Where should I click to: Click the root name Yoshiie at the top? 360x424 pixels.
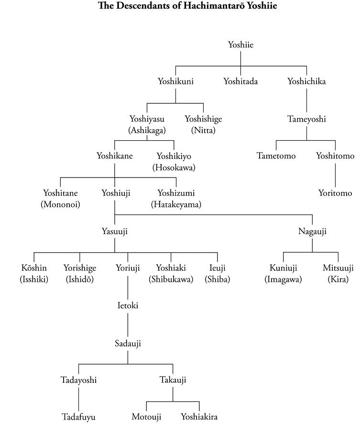pos(240,45)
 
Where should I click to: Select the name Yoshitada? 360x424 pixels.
pos(240,81)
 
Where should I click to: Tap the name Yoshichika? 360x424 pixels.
pos(306,81)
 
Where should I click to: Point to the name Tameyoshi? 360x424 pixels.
pos(306,119)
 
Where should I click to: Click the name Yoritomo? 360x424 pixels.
pos(335,193)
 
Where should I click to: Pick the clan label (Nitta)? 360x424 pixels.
pos(203,130)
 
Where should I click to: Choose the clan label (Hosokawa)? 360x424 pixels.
pos(174,167)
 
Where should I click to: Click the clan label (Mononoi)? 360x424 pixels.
pos(61,204)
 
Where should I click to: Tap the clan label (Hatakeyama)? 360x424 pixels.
pos(176,204)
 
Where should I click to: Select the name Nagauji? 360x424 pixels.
pos(313,232)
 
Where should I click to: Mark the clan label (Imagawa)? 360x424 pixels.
pos(284,279)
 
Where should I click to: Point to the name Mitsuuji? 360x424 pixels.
pos(338,268)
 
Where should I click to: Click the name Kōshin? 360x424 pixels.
pos(34,268)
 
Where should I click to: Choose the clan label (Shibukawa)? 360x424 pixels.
pos(171,279)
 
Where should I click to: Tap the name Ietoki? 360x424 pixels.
pos(128,306)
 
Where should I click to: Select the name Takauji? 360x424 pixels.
pos(173,380)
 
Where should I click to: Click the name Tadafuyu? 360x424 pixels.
pos(78,417)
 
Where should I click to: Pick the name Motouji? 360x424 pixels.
pos(146,417)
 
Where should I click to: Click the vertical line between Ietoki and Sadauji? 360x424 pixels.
pos(128,324)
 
